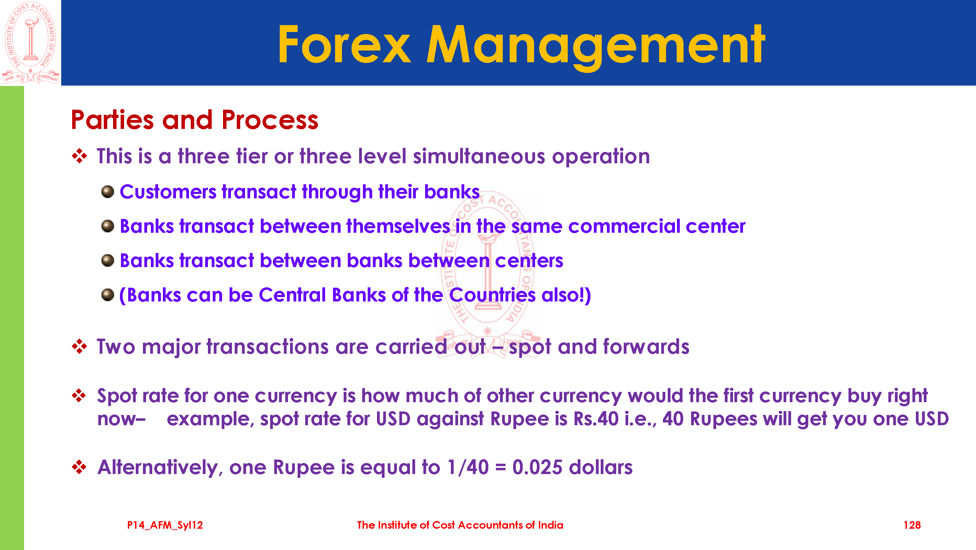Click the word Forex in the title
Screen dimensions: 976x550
(344, 44)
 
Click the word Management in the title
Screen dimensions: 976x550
(596, 47)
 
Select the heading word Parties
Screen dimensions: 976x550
(112, 120)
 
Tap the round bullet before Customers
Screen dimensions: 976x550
(108, 192)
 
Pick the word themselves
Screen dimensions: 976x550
(398, 226)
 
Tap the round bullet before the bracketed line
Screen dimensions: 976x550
(108, 295)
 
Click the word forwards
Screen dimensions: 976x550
(646, 347)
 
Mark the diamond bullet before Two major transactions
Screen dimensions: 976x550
(79, 346)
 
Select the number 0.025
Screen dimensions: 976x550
(537, 467)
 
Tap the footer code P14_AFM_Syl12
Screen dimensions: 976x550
(165, 525)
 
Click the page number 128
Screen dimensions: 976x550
(912, 525)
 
